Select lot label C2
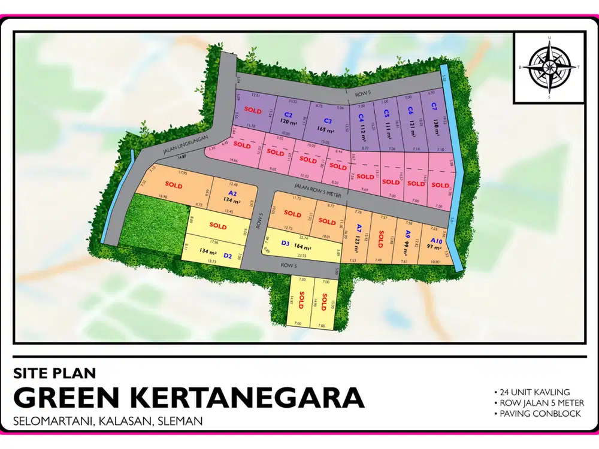click(288, 114)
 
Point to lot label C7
click(434, 109)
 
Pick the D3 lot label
click(285, 243)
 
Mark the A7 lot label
click(358, 229)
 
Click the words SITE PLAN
click(55, 374)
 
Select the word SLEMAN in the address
click(179, 421)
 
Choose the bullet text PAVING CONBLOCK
click(537, 414)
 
